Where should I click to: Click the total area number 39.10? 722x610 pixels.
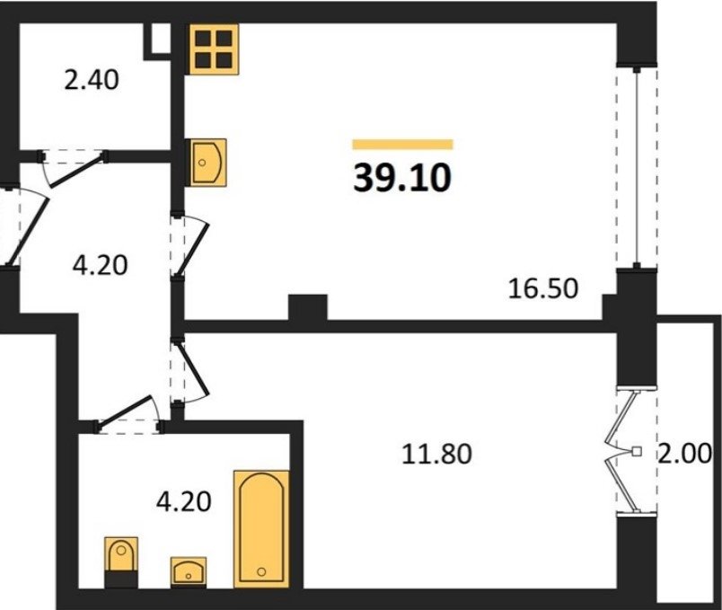[402, 178]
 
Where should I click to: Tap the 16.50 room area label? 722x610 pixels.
[543, 289]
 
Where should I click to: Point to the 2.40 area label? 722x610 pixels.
[92, 79]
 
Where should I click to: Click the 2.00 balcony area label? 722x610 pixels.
[684, 454]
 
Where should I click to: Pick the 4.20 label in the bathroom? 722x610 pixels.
[184, 501]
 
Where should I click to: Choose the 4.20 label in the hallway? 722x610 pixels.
[100, 265]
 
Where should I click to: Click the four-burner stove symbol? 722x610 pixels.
[215, 49]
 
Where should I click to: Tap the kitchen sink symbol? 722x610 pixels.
[208, 163]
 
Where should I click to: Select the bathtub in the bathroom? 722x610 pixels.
[261, 529]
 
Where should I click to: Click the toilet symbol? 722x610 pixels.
[121, 562]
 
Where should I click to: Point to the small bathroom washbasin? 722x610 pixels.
[189, 572]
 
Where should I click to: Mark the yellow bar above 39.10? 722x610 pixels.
[403, 145]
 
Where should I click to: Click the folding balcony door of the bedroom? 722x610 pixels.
[621, 452]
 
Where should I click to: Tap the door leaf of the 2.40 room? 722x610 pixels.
[76, 172]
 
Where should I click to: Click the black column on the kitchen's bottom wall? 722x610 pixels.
[308, 307]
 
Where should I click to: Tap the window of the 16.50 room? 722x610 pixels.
[637, 168]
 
